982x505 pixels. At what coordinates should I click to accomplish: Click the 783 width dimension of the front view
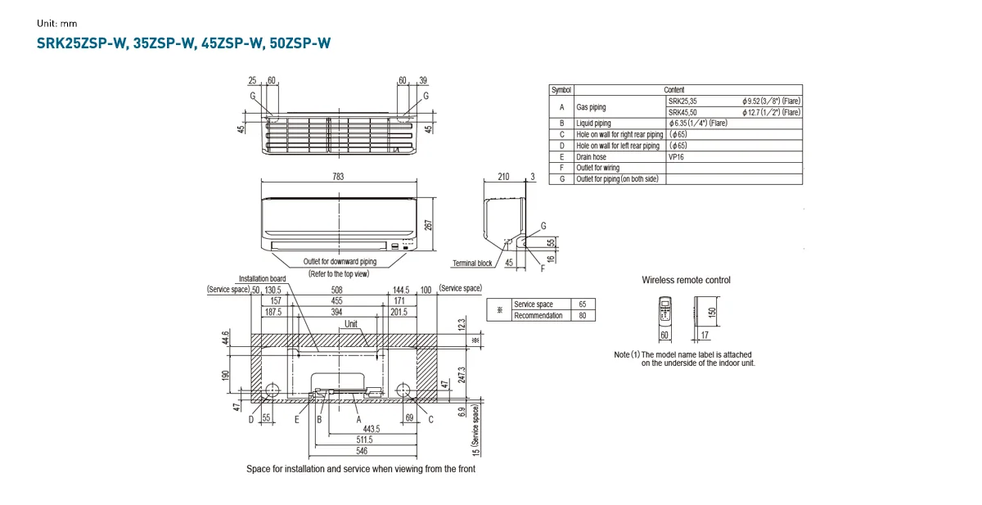click(x=338, y=177)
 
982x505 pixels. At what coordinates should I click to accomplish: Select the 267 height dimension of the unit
click(x=429, y=225)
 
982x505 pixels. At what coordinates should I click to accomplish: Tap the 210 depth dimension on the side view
click(x=503, y=177)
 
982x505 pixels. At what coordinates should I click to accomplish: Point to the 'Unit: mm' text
click(x=56, y=23)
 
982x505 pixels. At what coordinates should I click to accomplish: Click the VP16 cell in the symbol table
click(x=678, y=156)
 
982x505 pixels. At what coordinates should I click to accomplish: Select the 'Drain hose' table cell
click(x=591, y=156)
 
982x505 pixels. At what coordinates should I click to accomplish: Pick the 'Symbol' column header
click(x=561, y=89)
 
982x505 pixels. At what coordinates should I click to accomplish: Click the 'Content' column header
click(x=674, y=89)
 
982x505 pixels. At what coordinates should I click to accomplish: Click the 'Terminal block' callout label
click(x=472, y=264)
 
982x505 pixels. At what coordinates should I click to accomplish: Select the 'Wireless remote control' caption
click(x=686, y=280)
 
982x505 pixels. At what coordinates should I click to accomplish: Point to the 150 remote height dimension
click(x=712, y=312)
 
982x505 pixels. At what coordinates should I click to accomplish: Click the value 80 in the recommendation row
click(x=582, y=315)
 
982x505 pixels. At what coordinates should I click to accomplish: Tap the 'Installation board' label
click(x=262, y=278)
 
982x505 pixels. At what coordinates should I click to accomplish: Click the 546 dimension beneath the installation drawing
click(x=360, y=451)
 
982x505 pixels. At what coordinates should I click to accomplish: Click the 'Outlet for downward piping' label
click(x=340, y=261)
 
